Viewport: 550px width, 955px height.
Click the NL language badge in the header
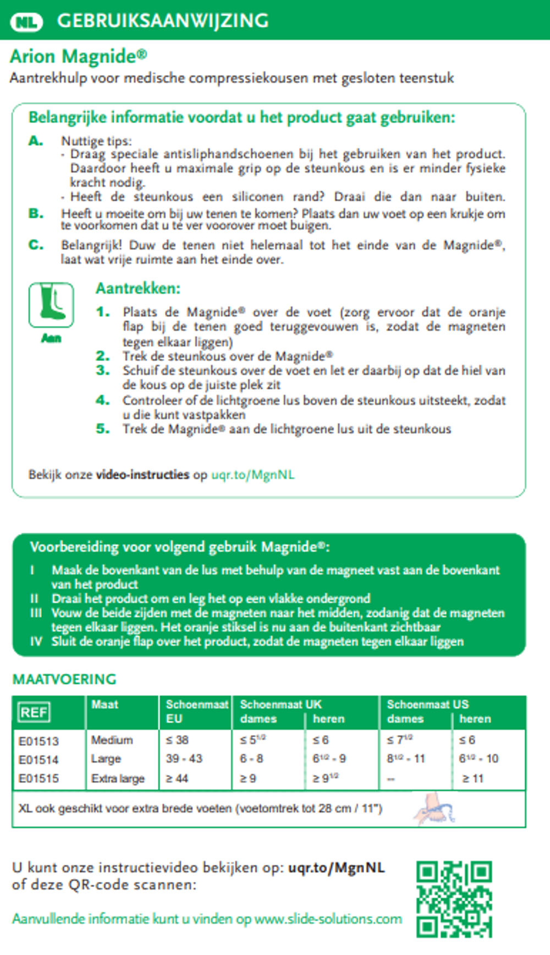click(26, 22)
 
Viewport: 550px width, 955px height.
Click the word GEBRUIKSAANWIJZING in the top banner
click(163, 21)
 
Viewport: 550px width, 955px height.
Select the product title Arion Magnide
click(78, 56)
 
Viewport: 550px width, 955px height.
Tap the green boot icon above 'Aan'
click(51, 305)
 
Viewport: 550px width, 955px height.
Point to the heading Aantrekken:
click(138, 288)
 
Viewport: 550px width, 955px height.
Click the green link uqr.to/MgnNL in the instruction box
click(253, 475)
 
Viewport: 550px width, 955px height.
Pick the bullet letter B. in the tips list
click(36, 213)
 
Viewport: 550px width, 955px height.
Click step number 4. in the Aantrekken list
click(103, 400)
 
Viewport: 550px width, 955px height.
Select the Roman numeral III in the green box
click(36, 613)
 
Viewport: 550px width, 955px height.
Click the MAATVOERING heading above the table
click(64, 679)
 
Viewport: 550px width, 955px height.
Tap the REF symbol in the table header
click(34, 712)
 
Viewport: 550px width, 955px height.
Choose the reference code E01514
click(38, 760)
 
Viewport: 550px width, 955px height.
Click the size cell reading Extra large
click(118, 778)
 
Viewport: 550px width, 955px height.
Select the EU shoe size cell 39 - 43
click(184, 759)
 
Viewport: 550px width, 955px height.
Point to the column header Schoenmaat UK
click(280, 705)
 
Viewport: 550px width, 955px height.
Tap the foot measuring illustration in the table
click(433, 808)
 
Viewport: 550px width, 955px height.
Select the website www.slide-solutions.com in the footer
click(328, 919)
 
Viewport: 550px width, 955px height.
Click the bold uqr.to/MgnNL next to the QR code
click(336, 868)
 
